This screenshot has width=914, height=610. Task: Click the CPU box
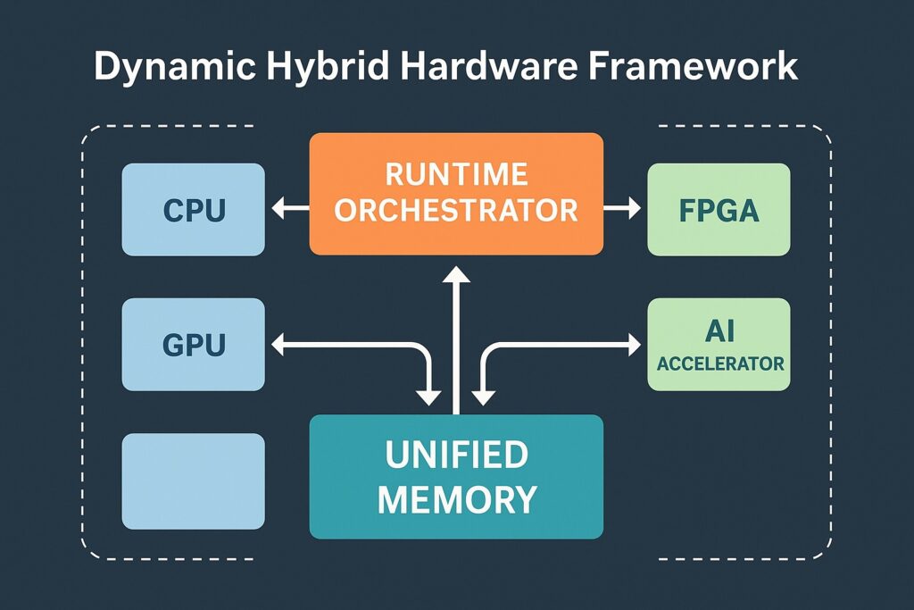[193, 210]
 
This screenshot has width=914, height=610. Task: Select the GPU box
[193, 345]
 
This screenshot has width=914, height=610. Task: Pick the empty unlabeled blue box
[193, 480]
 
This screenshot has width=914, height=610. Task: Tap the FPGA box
[719, 210]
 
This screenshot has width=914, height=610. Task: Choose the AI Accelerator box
[719, 345]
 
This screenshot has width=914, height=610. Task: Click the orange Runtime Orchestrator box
[456, 193]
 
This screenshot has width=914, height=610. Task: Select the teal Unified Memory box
[456, 477]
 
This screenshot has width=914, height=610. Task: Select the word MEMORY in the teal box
[456, 498]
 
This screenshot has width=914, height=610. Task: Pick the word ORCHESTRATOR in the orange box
[456, 211]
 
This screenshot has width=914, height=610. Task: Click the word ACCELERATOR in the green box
[719, 363]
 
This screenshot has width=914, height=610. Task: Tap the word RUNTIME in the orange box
[456, 173]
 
